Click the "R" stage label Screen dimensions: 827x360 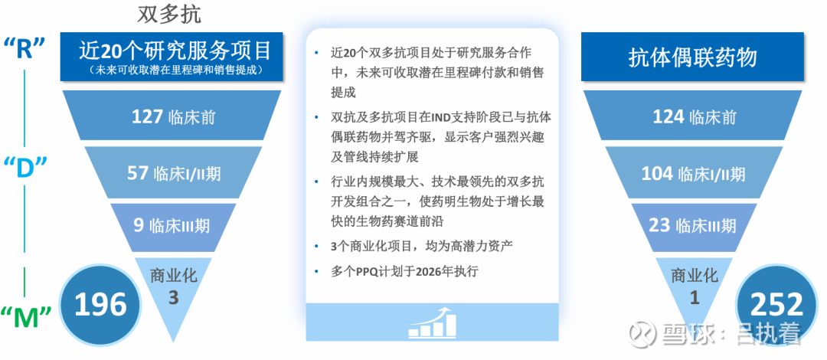(25, 48)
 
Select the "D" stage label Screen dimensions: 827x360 (25, 167)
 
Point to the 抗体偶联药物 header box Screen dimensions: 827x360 (692, 57)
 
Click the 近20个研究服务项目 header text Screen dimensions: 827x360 (175, 51)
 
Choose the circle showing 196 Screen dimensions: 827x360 (100, 305)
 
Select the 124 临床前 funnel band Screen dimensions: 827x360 (693, 116)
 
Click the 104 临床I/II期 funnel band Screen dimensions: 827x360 (693, 173)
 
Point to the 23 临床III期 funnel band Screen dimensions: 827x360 (693, 226)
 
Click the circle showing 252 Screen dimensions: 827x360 (776, 305)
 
